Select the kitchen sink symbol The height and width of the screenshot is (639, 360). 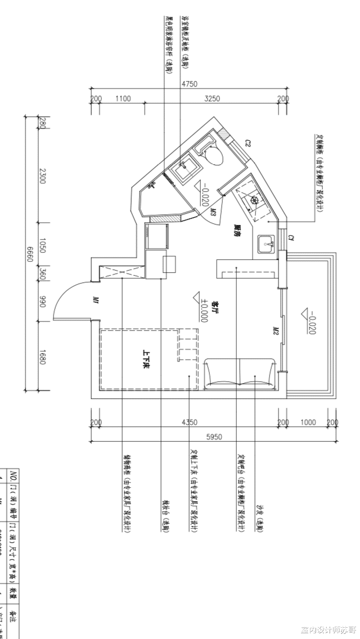click(266, 245)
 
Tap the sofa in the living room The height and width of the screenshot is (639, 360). click(241, 373)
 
